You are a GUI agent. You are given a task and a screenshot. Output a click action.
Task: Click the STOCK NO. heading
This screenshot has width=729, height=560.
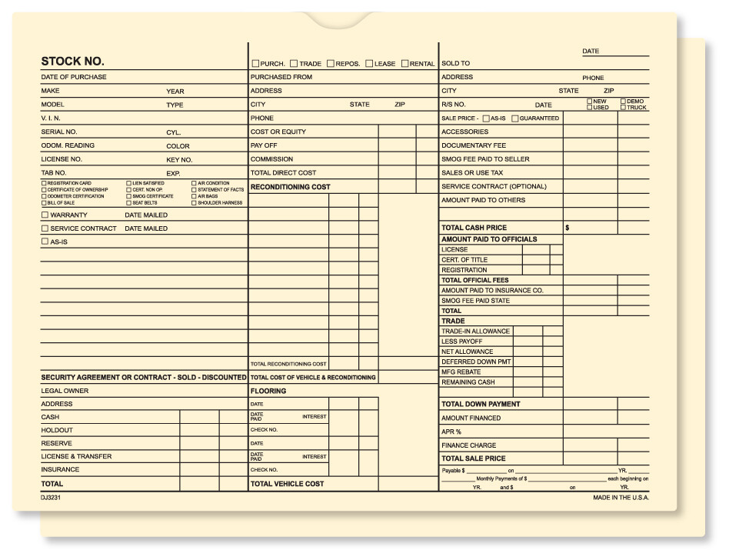click(72, 62)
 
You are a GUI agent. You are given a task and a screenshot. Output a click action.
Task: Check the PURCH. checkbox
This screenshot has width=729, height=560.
click(255, 64)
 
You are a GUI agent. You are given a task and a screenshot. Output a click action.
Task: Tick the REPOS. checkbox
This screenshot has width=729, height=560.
click(330, 64)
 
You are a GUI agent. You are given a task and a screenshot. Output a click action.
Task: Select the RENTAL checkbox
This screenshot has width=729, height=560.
click(404, 64)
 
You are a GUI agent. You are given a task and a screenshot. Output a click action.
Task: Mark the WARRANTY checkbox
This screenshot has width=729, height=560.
click(45, 215)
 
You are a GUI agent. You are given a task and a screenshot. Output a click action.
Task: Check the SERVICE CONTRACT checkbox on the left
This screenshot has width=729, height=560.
click(45, 228)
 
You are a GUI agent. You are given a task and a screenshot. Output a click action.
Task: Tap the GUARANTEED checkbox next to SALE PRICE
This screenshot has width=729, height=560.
click(514, 118)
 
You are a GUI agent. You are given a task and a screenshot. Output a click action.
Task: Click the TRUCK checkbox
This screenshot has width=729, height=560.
click(624, 108)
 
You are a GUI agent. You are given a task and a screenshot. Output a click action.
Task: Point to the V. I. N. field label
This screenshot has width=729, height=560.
click(51, 118)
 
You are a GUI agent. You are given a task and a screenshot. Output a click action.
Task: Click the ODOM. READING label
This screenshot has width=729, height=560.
click(68, 145)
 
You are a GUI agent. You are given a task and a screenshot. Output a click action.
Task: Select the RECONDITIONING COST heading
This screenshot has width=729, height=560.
click(290, 187)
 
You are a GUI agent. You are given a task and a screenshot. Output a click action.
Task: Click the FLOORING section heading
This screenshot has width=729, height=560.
click(268, 391)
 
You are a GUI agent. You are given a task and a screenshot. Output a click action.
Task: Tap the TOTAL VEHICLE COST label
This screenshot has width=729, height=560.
click(287, 484)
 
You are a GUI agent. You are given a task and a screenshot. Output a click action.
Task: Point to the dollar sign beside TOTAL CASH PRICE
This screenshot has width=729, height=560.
click(567, 228)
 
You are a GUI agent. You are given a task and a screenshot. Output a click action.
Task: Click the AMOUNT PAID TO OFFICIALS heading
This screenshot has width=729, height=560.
click(489, 239)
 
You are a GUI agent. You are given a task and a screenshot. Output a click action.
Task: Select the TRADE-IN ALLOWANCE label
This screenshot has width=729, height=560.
click(475, 332)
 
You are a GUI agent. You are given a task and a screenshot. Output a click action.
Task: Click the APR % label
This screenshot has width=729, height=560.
click(451, 432)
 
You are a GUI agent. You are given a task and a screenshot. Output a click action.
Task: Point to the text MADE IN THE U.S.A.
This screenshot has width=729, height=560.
click(621, 498)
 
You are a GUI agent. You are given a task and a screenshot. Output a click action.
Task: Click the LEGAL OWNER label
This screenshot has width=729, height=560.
click(65, 391)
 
